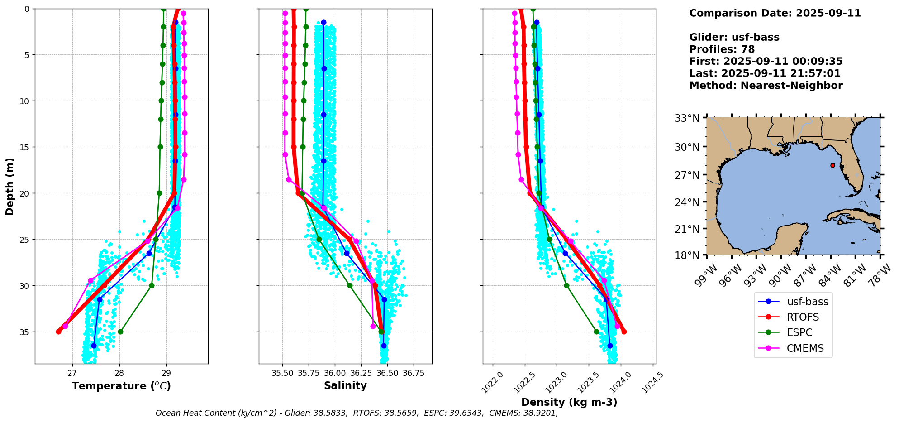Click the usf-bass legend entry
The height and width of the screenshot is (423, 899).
(x=807, y=302)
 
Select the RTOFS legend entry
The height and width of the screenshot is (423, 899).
(x=803, y=317)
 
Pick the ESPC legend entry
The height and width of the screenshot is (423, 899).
(x=799, y=332)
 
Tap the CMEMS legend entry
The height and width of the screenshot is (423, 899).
(x=805, y=348)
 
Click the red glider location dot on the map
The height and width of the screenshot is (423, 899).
(x=832, y=165)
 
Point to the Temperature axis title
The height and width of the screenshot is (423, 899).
(x=121, y=386)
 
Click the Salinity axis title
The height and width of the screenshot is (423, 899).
(x=345, y=385)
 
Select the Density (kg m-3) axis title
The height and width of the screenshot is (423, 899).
(x=569, y=402)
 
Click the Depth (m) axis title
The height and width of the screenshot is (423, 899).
(x=10, y=187)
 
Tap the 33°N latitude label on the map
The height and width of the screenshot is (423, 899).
(x=687, y=118)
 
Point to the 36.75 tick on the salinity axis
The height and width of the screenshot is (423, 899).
(x=414, y=373)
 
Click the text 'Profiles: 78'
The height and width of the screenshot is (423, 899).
(x=722, y=49)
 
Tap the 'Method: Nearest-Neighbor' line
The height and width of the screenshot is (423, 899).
(x=766, y=86)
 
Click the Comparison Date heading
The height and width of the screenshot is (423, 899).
(x=775, y=13)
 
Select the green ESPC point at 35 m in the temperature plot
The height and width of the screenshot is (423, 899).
(x=120, y=332)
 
